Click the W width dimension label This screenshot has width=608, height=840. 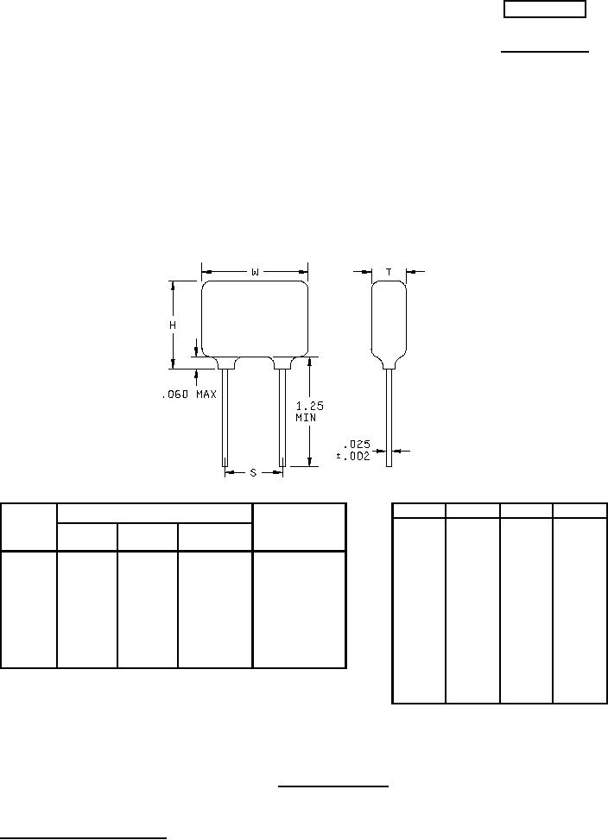pos(255,273)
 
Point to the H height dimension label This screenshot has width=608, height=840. pos(173,325)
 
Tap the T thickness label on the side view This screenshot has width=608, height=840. pos(389,272)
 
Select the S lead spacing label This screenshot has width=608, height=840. pos(253,472)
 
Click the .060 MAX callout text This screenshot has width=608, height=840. pos(189,395)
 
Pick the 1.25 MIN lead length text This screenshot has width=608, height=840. pos(310,412)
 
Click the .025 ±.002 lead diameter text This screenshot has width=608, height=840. pos(353,451)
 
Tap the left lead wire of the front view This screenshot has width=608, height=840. pos(225,418)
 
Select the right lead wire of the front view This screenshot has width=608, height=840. pos(282,418)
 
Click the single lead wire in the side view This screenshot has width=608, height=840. pos(389,418)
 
